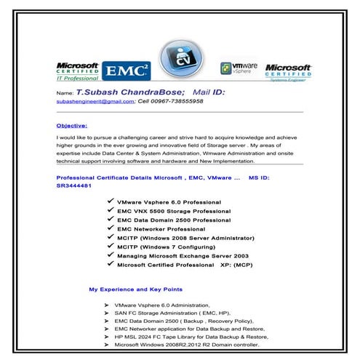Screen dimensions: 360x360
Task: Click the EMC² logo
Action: (127, 71)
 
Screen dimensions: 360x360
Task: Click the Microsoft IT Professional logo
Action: (77, 71)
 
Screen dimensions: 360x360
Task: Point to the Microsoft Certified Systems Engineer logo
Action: (288, 71)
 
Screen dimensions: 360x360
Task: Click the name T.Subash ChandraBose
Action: (128, 93)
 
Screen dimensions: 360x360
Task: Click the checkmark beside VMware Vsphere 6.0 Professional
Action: (110, 200)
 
